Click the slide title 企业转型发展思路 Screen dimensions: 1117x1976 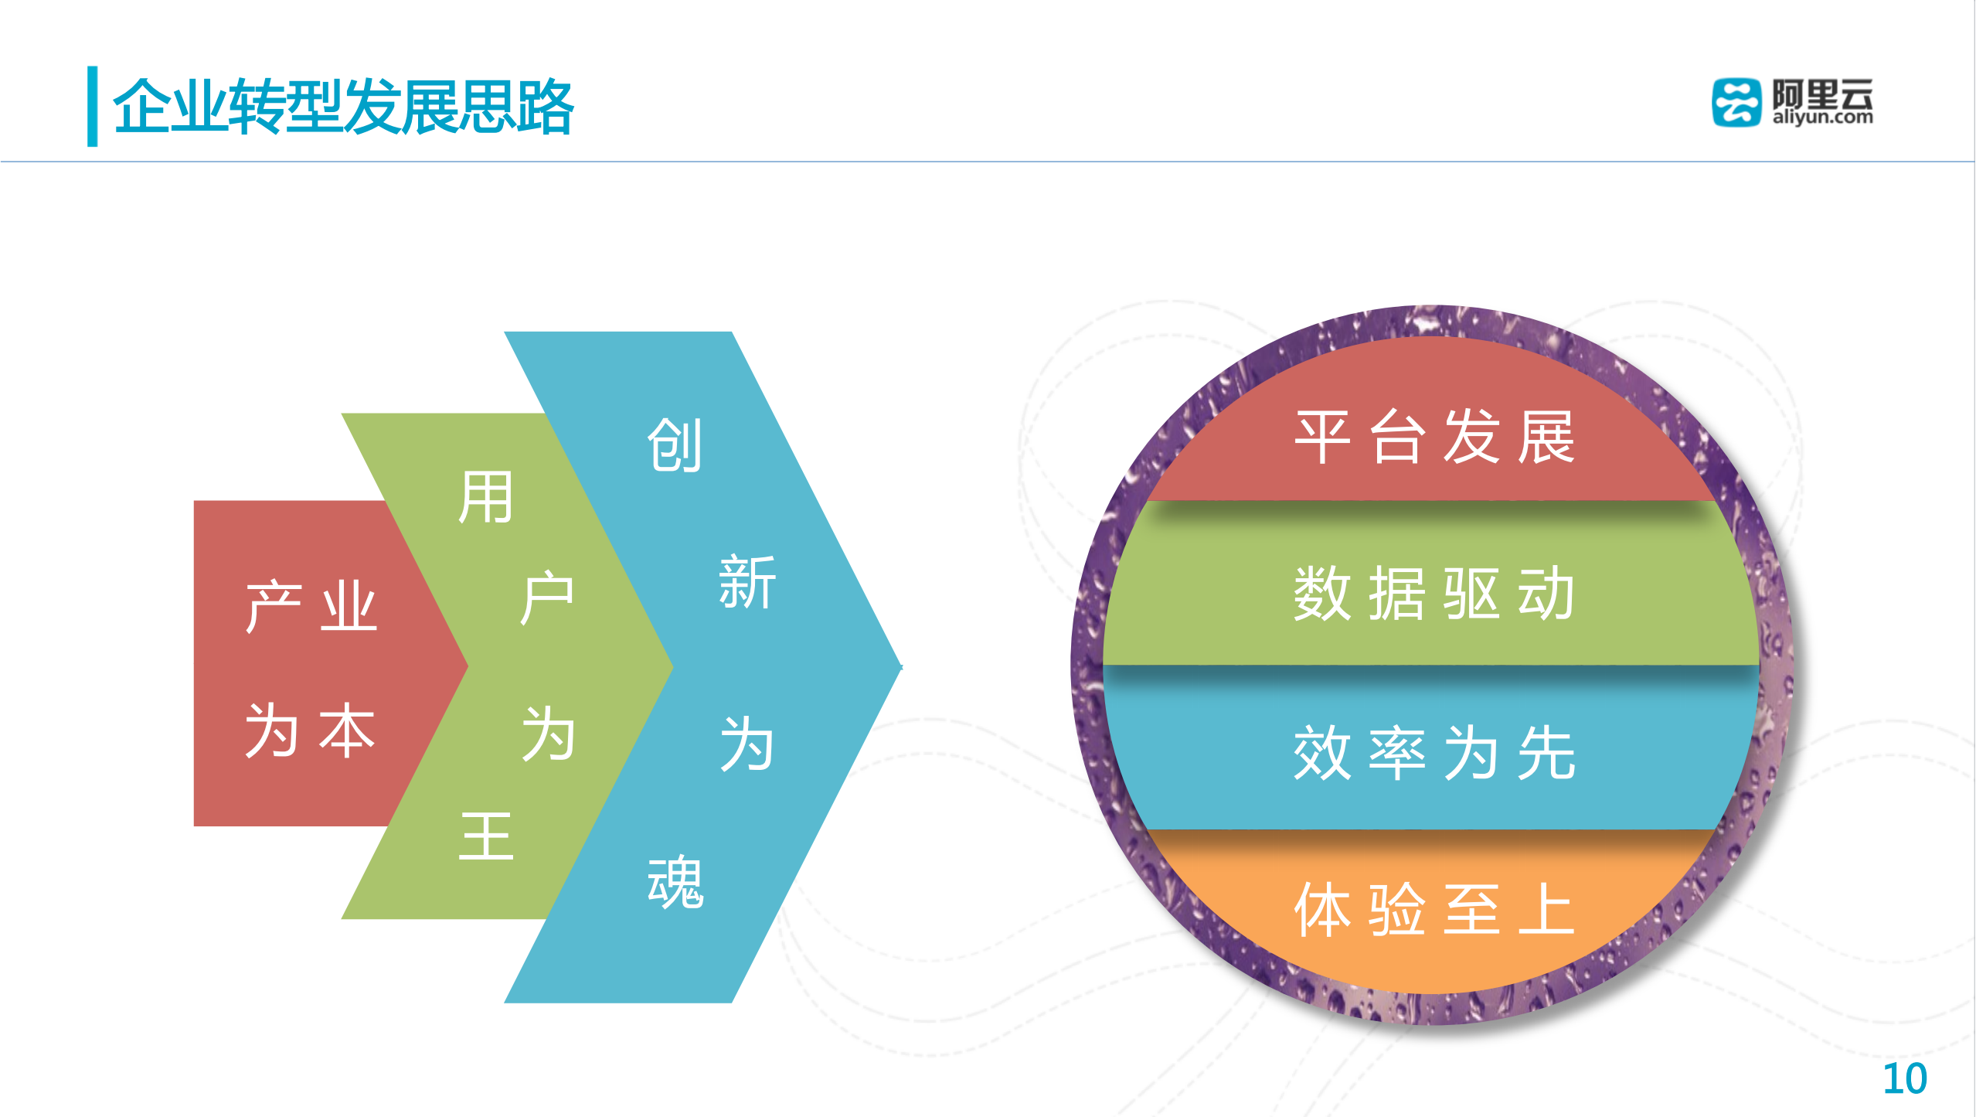point(343,107)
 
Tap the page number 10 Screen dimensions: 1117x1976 point(1904,1079)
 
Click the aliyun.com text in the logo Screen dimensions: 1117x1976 point(1822,117)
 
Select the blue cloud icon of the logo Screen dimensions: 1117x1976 point(1736,102)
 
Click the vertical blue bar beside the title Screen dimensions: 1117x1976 point(93,106)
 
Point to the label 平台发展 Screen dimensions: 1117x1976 point(1434,438)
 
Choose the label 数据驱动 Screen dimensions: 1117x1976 point(1434,594)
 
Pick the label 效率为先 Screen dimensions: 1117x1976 point(1434,753)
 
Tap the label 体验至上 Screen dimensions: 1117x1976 point(1434,911)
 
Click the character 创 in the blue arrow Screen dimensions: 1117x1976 point(675,445)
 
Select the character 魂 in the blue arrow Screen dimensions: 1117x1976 point(675,882)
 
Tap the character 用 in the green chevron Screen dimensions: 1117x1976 point(485,498)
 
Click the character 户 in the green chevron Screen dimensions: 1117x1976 point(547,598)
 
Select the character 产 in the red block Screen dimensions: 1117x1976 point(274,607)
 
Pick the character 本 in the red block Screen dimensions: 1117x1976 point(347,730)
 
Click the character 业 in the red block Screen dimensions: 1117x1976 point(349,607)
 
